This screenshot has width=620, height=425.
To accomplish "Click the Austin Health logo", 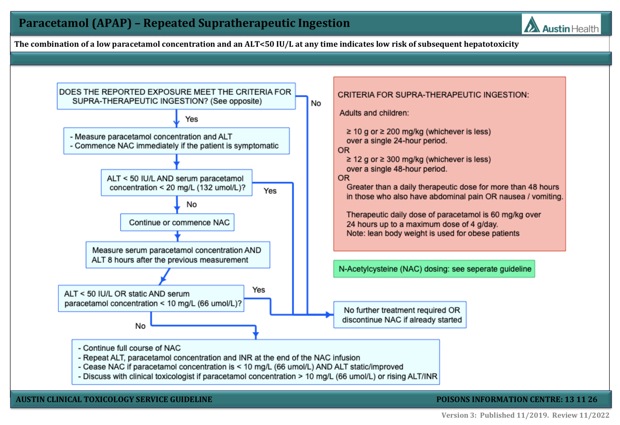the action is tap(561, 24).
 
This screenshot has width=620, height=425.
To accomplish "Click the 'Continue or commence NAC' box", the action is tap(177, 222).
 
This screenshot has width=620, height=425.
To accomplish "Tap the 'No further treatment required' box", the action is tap(400, 315).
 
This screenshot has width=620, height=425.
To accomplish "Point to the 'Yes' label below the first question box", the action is tap(191, 119).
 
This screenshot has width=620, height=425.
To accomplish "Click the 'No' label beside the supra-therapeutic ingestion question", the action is tap(316, 103).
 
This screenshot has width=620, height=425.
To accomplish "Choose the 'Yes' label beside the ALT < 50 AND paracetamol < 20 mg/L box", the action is tap(270, 191).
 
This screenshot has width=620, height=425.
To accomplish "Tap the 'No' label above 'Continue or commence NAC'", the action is tap(191, 204).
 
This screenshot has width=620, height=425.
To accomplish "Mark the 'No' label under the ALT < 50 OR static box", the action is tap(140, 326).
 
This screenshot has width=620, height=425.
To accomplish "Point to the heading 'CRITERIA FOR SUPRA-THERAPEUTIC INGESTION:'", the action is tap(433, 95).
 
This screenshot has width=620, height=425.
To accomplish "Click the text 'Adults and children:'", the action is tap(374, 113).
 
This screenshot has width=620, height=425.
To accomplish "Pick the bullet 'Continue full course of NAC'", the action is tap(129, 348).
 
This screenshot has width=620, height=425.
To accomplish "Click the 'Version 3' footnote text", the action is tap(459, 415).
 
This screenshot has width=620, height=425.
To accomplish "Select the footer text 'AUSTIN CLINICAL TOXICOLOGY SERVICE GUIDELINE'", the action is tap(114, 399).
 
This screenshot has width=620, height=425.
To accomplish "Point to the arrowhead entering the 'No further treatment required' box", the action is tap(330, 315).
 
